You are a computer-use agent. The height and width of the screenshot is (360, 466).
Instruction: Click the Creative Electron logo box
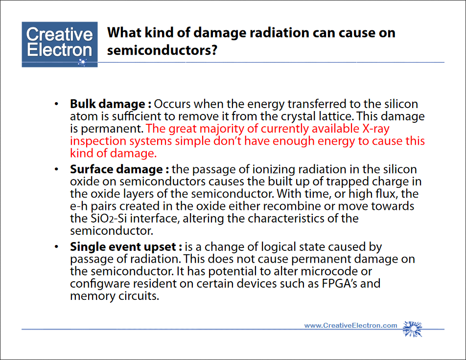pos(60,44)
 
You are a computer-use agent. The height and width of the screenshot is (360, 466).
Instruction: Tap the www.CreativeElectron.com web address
pos(350,325)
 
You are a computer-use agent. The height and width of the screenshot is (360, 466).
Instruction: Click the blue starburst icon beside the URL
pos(412,329)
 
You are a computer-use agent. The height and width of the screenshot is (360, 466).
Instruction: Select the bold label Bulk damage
pos(108,104)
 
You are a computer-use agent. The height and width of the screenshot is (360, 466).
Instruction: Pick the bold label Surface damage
pos(116,169)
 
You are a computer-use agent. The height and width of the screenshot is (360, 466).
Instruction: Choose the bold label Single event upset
pos(123,247)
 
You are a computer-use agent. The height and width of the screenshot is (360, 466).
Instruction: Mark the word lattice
pos(335,116)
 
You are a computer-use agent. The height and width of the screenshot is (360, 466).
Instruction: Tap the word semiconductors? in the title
pos(163,50)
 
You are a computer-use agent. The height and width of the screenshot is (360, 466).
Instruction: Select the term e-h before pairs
pos(79,206)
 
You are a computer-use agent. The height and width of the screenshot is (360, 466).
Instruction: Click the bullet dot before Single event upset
pos(56,247)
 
